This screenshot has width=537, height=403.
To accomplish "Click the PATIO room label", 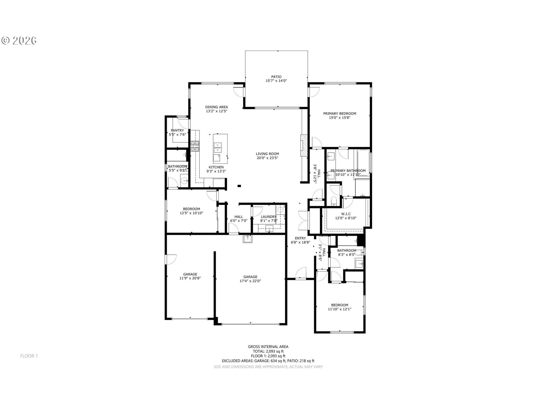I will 276,77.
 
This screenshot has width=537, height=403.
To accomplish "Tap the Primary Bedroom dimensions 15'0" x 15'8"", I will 340,118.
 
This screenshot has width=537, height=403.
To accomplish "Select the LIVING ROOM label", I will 267,154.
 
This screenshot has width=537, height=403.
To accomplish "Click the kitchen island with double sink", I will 220,149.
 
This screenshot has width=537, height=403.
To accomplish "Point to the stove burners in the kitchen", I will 195,146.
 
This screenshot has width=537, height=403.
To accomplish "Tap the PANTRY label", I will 177,130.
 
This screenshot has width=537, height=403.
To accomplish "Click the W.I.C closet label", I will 346,214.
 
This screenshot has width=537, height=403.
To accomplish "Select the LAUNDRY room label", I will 268,217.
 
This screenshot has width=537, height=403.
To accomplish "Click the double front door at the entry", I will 303,220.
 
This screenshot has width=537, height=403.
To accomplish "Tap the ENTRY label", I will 300,238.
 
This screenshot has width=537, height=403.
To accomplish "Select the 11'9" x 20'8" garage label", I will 190,278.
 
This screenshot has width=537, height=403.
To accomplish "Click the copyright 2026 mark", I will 19,41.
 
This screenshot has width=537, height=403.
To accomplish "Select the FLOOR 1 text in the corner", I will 29,356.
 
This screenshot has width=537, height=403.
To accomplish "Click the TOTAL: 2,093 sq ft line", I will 268,351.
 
